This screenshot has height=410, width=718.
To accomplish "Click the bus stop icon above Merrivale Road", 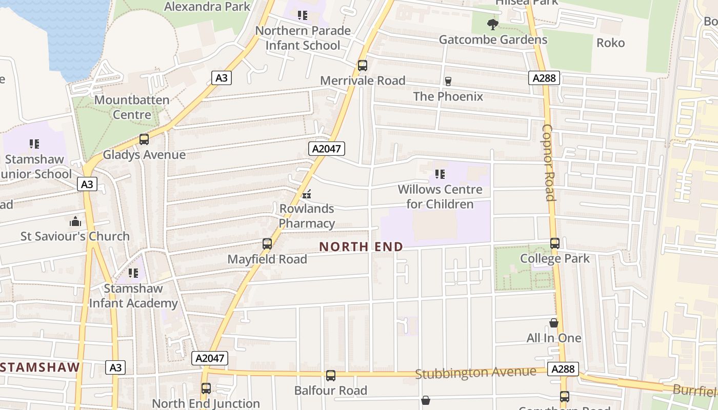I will [x=363, y=66].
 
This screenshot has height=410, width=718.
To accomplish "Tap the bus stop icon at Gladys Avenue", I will [x=144, y=139].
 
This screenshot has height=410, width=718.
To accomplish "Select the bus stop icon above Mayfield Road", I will [x=267, y=244].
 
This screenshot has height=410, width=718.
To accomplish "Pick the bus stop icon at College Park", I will [x=554, y=243].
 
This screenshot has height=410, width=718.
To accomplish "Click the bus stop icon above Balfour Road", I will [x=331, y=376].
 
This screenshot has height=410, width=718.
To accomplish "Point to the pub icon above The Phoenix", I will [x=448, y=81].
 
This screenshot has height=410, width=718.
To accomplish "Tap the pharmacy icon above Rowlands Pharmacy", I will [x=307, y=194].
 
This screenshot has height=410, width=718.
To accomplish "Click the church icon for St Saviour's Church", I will [x=75, y=221].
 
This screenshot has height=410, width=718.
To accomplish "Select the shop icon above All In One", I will [x=554, y=323].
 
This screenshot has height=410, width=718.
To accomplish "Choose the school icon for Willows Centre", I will [x=440, y=174].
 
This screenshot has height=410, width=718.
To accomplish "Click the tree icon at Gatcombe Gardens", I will [x=492, y=24].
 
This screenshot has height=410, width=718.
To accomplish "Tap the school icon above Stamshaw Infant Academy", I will [x=133, y=273].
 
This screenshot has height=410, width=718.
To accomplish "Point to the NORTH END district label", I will [x=361, y=247].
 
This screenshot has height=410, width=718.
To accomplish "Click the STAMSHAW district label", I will [x=41, y=367].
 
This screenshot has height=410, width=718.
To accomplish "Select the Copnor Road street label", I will [x=548, y=162].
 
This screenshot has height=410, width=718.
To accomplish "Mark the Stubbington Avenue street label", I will [x=475, y=373].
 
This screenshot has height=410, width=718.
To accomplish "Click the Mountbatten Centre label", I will [x=132, y=107].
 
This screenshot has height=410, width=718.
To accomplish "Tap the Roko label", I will [x=610, y=43].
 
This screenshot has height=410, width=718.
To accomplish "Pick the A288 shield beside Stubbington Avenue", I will [x=563, y=369].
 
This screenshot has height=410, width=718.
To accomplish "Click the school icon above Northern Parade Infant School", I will [x=303, y=15].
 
